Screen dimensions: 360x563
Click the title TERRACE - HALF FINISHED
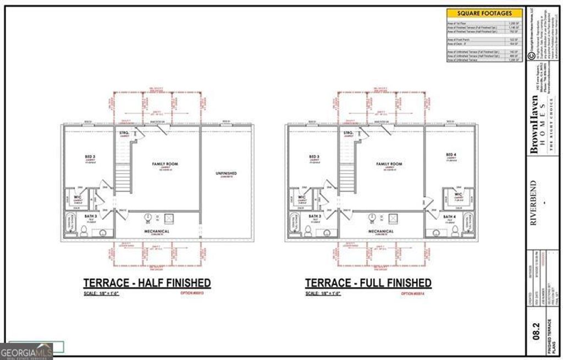point(147,283)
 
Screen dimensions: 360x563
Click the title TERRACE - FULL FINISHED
point(368,283)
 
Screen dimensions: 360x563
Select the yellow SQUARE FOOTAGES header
point(484,13)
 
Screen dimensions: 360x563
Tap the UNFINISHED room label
point(226,174)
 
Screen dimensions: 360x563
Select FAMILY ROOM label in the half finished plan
point(165,164)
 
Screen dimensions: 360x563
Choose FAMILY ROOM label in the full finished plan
point(390,164)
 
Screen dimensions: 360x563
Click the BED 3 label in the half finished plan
point(91,157)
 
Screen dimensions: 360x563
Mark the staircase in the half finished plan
point(122,179)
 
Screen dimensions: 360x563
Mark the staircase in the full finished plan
point(346,179)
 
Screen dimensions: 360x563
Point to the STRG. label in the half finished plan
point(124,133)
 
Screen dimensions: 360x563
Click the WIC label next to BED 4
point(457,195)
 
